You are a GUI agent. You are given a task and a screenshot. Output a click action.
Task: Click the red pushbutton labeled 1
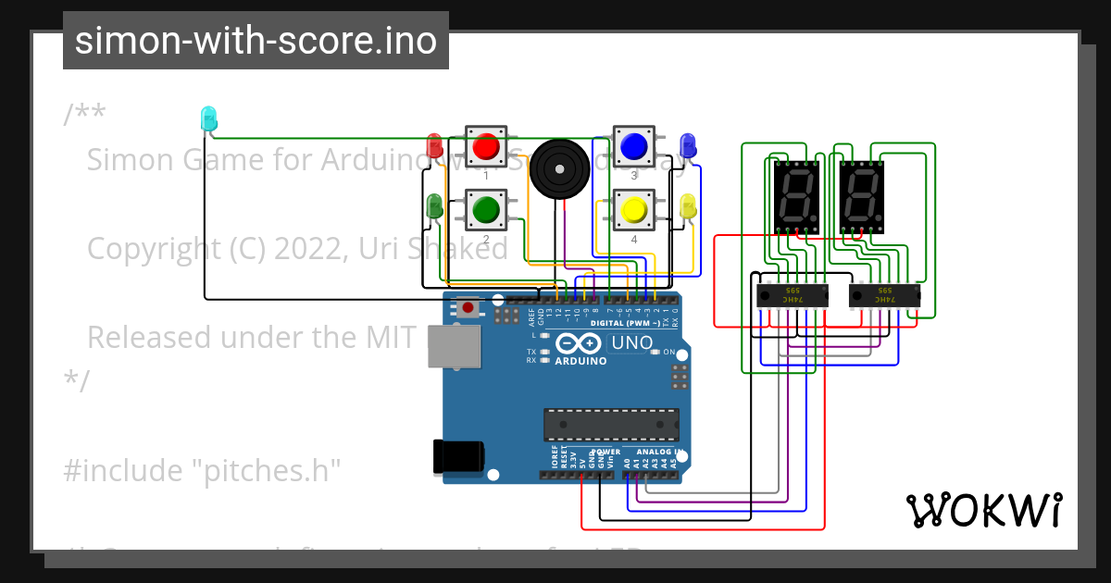pyautogui.click(x=485, y=146)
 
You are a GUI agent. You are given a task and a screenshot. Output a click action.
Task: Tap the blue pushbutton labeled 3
pyautogui.click(x=633, y=146)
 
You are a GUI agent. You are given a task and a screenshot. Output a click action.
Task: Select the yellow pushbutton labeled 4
pyautogui.click(x=633, y=210)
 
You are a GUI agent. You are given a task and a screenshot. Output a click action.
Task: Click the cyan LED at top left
pyautogui.click(x=208, y=118)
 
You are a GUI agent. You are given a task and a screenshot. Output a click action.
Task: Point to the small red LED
pyautogui.click(x=433, y=145)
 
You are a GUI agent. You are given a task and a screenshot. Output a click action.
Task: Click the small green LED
pyautogui.click(x=433, y=207)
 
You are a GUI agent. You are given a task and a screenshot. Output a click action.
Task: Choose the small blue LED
pyautogui.click(x=687, y=145)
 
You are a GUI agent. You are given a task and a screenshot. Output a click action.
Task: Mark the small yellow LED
pyautogui.click(x=687, y=206)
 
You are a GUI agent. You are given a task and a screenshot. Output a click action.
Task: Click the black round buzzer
pyautogui.click(x=559, y=167)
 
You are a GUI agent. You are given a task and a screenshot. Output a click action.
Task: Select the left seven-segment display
pyautogui.click(x=796, y=195)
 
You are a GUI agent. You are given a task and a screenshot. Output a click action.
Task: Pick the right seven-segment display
pyautogui.click(x=862, y=195)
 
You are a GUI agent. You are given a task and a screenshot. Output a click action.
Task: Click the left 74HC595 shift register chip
pyautogui.click(x=793, y=296)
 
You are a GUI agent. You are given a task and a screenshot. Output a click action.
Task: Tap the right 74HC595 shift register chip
pyautogui.click(x=884, y=296)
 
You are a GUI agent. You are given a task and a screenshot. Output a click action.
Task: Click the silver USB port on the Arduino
pyautogui.click(x=454, y=348)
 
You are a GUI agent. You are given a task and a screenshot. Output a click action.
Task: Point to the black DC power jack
pyautogui.click(x=457, y=455)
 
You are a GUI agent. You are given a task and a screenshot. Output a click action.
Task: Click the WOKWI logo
pyautogui.click(x=983, y=510)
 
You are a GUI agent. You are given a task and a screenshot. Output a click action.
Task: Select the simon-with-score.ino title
pyautogui.click(x=256, y=41)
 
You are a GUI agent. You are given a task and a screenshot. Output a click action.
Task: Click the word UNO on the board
pyautogui.click(x=631, y=343)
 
